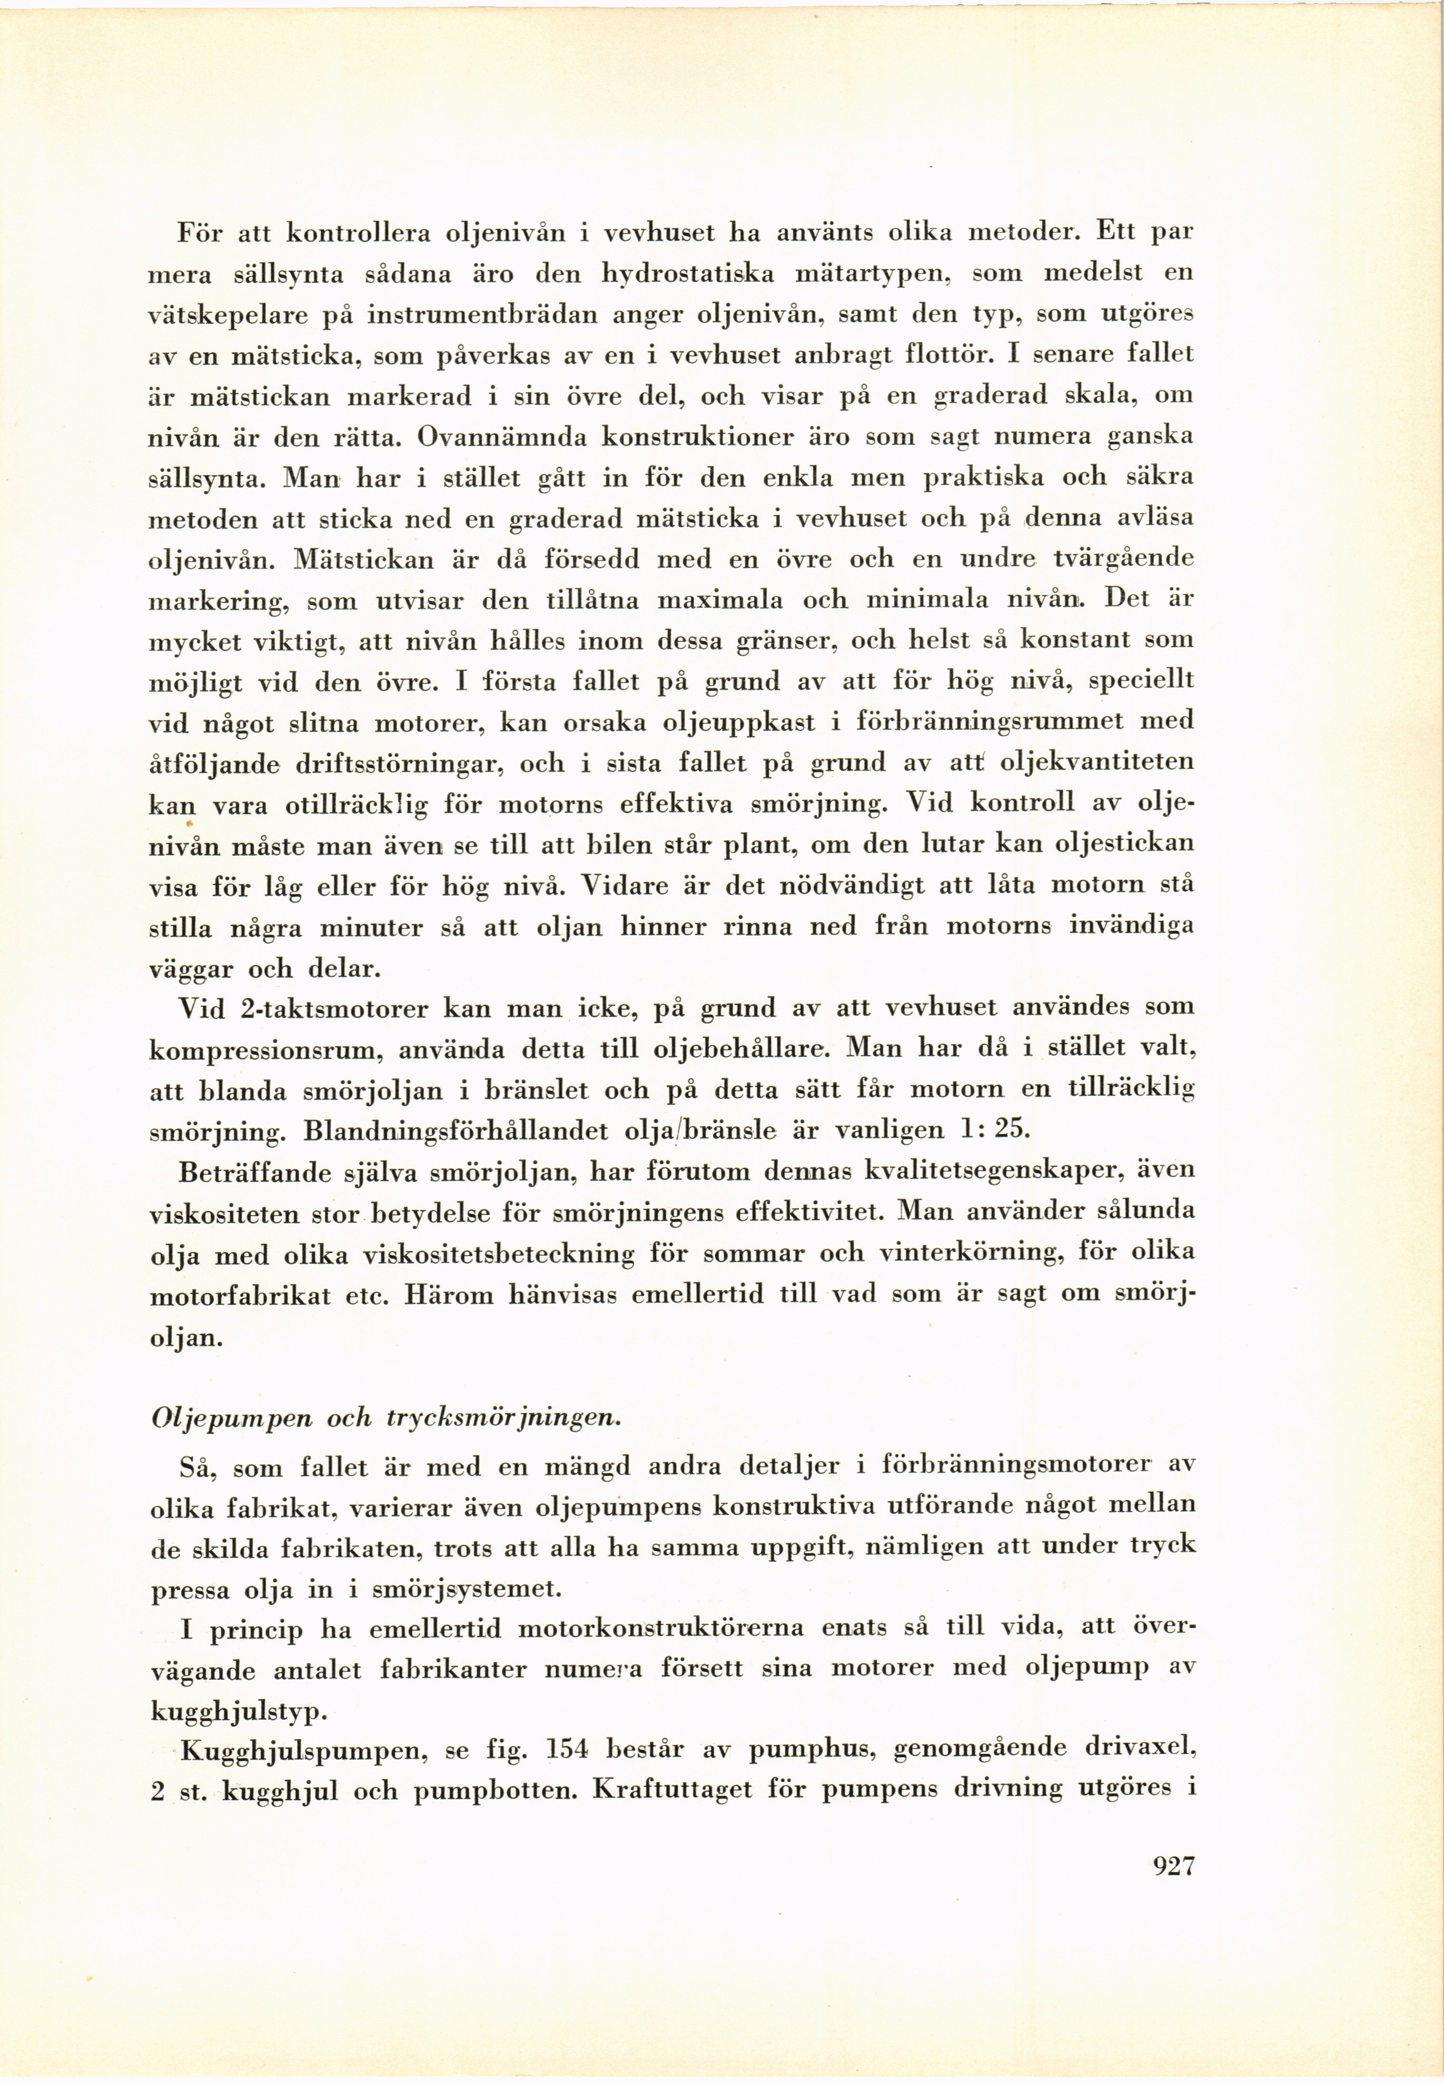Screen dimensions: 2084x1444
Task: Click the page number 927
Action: click(1174, 1865)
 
